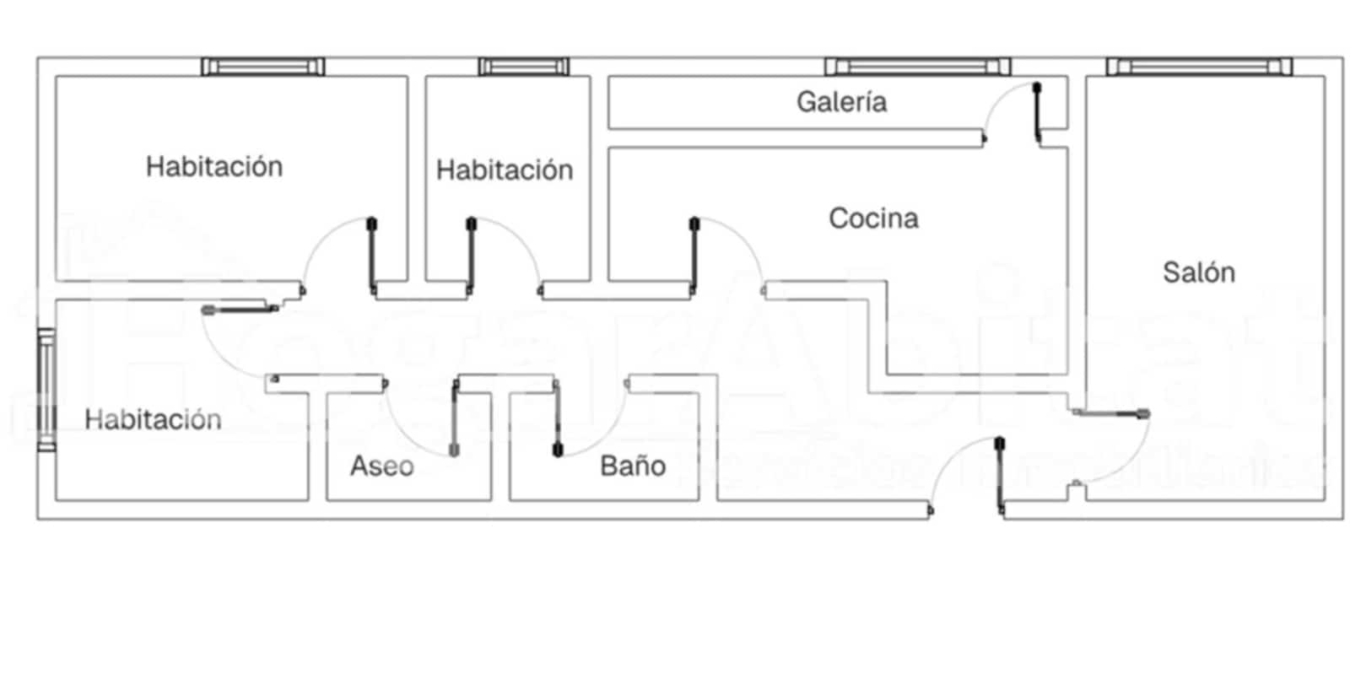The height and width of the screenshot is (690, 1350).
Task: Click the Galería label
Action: (x=841, y=102)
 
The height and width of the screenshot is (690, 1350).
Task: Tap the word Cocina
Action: (x=873, y=218)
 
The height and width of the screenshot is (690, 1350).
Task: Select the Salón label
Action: (x=1198, y=272)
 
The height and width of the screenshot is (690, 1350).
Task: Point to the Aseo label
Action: (x=382, y=466)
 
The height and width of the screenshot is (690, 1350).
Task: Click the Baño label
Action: (x=633, y=466)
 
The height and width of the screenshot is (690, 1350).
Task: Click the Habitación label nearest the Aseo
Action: (x=153, y=419)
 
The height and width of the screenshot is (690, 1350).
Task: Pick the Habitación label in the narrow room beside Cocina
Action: (x=505, y=170)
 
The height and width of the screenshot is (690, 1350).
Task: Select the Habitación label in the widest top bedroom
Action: (x=214, y=166)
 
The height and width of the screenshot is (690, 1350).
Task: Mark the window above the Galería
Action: (x=917, y=67)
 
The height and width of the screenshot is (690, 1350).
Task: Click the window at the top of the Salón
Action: (x=1199, y=67)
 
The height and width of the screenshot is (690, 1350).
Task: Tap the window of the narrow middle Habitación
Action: (x=523, y=67)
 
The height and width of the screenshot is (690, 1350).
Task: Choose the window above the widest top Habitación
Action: (x=262, y=67)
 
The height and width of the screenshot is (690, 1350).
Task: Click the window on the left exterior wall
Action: (x=46, y=390)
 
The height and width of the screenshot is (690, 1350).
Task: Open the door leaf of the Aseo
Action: (x=455, y=419)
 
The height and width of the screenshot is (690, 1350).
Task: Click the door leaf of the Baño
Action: (x=557, y=419)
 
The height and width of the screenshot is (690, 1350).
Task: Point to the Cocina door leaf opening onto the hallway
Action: (x=694, y=255)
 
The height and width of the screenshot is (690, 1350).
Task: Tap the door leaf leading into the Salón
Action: (x=1110, y=413)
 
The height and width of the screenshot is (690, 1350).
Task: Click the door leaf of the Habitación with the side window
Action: (x=240, y=310)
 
